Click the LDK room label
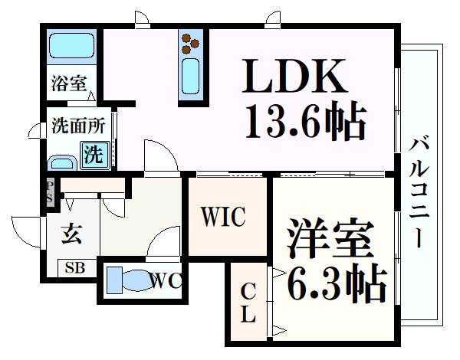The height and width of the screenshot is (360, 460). [x=294, y=76]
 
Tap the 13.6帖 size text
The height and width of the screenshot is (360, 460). [x=306, y=119]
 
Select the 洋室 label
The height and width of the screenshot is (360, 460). [x=330, y=237]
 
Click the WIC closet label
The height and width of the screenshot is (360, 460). [x=223, y=217]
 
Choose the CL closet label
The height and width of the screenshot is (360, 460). [x=248, y=303]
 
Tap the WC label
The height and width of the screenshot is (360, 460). [x=165, y=281]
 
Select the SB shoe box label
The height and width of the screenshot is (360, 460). [x=75, y=267]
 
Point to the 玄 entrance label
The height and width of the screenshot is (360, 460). [x=71, y=234]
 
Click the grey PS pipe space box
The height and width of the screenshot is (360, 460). [x=50, y=192]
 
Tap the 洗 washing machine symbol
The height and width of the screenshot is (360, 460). [x=94, y=155]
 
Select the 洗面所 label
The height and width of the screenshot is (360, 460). [x=79, y=126]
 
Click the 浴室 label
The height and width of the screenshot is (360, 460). [x=69, y=83]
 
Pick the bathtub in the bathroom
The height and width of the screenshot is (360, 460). [x=72, y=46]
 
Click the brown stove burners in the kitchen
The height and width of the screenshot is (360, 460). [x=190, y=44]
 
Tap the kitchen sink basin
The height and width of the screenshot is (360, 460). [x=190, y=77]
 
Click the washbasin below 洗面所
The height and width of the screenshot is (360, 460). [x=62, y=162]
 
